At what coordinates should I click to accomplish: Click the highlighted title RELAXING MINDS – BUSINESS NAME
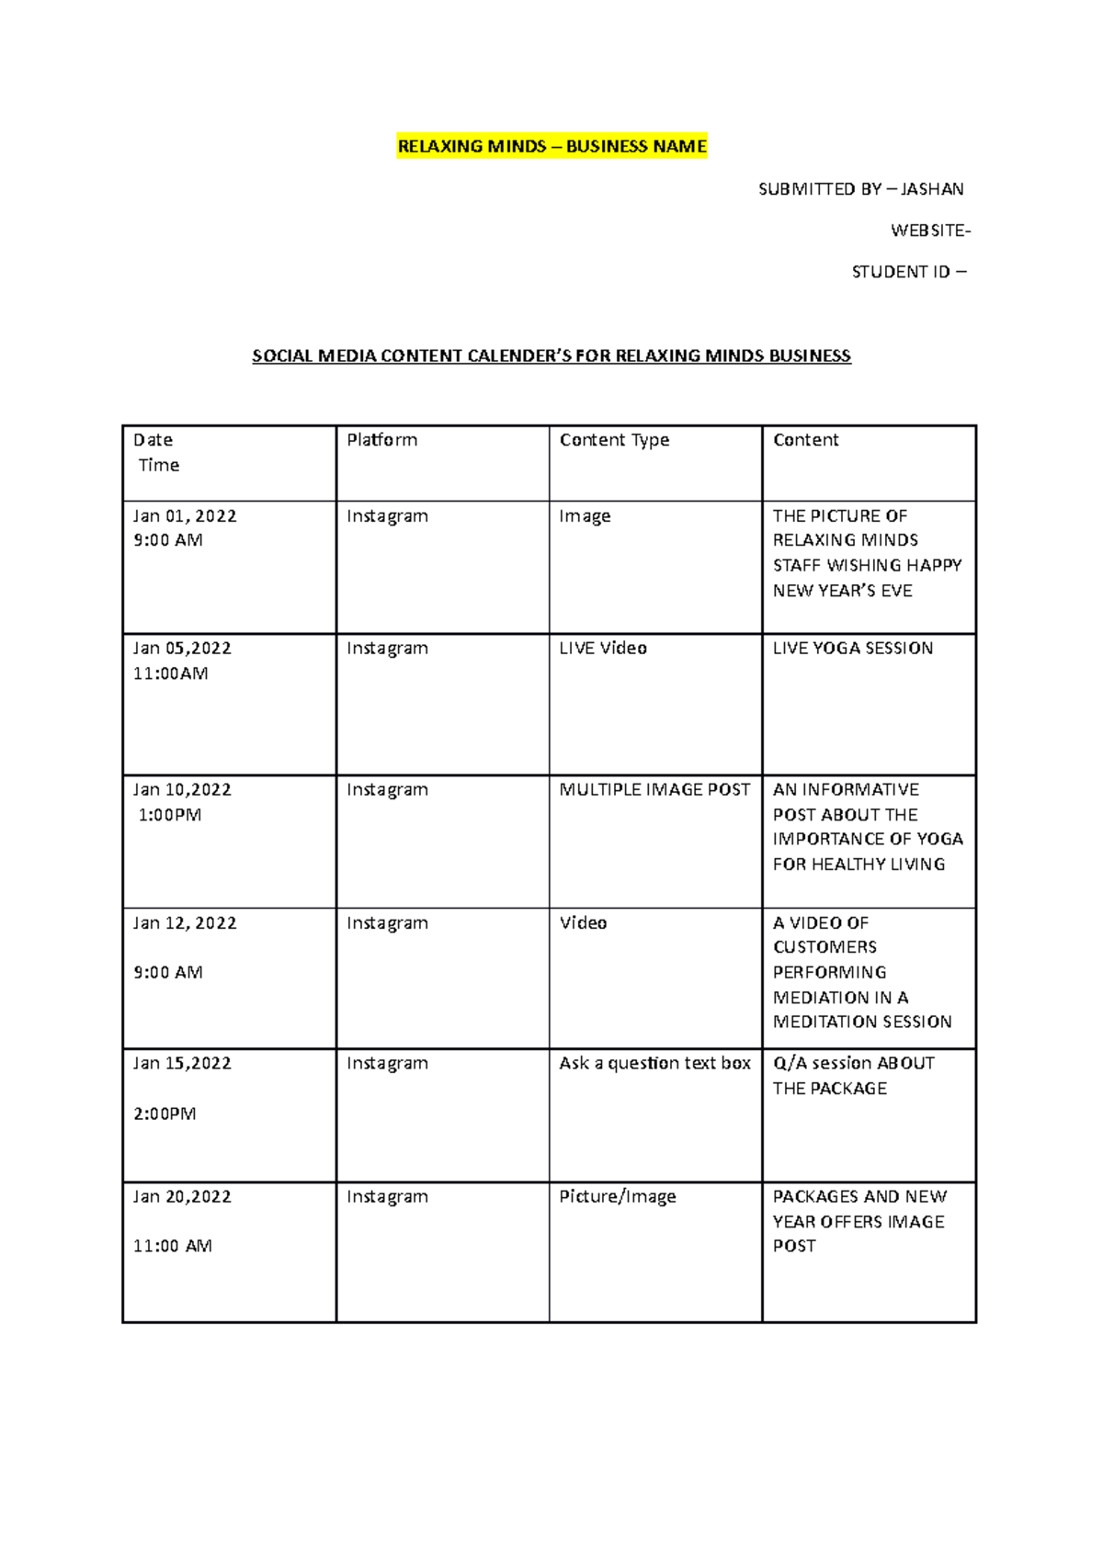click(551, 146)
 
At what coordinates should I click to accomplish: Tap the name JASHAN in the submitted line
click(932, 189)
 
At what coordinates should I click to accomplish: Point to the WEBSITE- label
click(929, 231)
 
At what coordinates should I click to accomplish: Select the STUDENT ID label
click(901, 272)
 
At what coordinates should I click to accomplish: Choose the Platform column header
click(381, 440)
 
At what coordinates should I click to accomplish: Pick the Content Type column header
click(614, 440)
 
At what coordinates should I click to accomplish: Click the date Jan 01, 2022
click(185, 516)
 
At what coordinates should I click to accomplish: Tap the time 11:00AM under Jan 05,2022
click(170, 673)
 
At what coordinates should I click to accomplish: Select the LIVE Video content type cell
click(603, 649)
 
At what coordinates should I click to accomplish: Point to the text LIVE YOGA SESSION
click(852, 649)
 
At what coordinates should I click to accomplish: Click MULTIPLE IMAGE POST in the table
click(654, 790)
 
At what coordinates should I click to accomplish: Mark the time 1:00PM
click(170, 815)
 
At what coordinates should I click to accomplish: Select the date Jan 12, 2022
click(185, 923)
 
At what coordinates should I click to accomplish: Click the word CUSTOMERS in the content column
click(824, 947)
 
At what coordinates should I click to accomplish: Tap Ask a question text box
click(654, 1063)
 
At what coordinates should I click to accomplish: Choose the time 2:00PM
click(165, 1113)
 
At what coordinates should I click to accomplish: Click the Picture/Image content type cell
click(618, 1196)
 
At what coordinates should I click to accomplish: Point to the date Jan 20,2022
click(182, 1196)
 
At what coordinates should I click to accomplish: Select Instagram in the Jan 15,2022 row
click(387, 1063)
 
